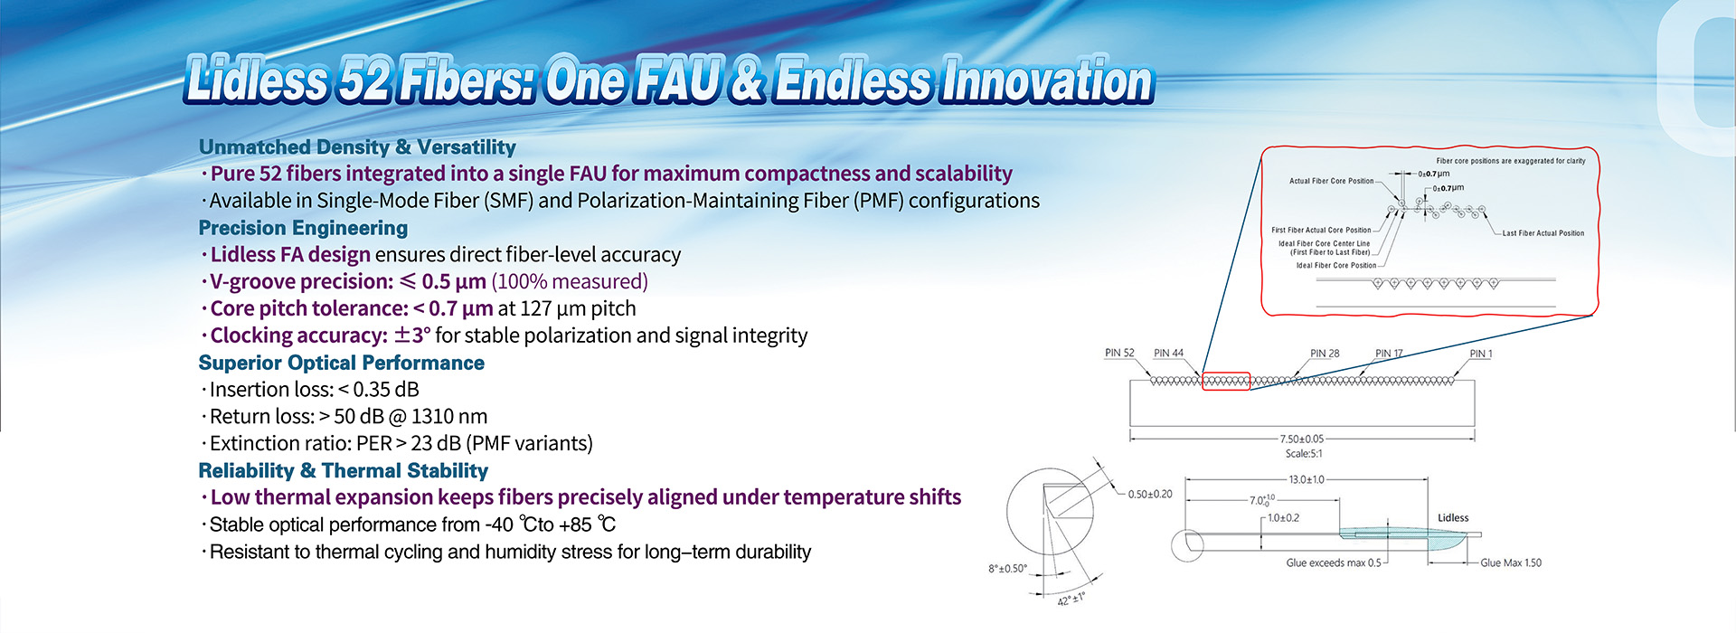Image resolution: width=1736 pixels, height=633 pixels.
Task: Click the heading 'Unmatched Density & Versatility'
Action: tap(357, 146)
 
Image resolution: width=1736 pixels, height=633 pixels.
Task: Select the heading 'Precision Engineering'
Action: tap(303, 228)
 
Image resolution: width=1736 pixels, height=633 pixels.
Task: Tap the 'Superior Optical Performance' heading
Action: tap(341, 363)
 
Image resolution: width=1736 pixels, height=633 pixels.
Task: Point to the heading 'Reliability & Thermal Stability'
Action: tap(343, 470)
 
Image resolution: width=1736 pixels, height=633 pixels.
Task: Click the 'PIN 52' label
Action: tap(1119, 353)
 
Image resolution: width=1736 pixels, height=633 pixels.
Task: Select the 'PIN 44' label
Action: tap(1168, 353)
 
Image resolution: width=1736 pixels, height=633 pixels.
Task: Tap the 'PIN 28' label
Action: tap(1325, 353)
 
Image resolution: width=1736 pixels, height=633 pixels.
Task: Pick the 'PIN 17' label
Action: tap(1389, 353)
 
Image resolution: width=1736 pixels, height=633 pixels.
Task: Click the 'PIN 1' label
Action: tap(1481, 354)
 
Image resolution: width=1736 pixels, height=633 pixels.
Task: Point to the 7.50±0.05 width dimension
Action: tap(1302, 439)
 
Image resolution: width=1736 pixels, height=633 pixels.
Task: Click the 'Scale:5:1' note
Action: tap(1304, 454)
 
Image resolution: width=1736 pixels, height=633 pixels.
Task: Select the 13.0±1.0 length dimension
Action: tap(1306, 479)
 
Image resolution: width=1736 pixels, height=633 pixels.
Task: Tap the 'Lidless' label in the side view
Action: tap(1453, 518)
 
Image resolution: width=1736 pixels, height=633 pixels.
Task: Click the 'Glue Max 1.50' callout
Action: tap(1511, 562)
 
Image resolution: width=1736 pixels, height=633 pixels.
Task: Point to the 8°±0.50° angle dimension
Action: tap(1007, 569)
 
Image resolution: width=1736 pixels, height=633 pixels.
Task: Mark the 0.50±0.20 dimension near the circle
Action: tap(1150, 495)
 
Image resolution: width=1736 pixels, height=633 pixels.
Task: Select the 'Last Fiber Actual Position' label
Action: tap(1543, 233)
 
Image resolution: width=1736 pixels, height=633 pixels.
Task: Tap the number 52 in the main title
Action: tap(365, 80)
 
